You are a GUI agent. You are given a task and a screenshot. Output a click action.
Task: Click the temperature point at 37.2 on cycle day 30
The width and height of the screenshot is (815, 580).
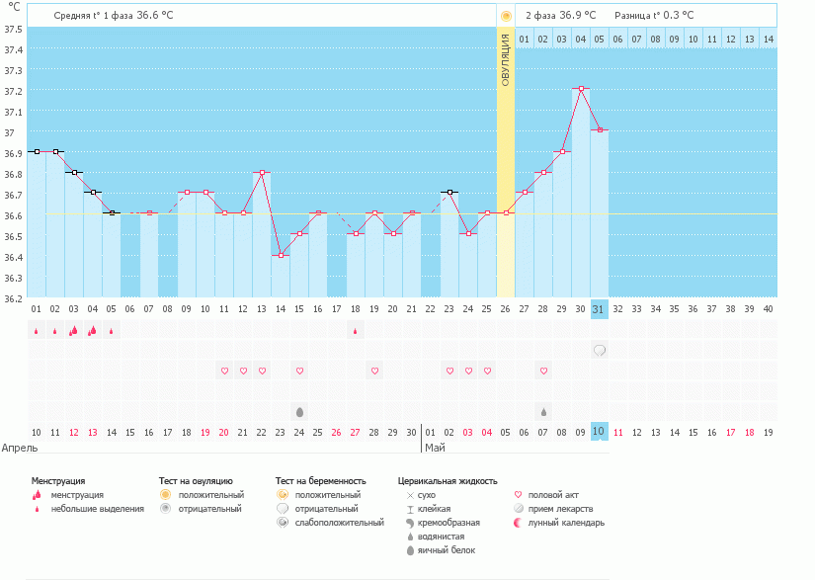[x=581, y=89]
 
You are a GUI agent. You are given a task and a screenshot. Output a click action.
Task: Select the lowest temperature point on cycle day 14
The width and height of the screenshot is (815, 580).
[x=281, y=255]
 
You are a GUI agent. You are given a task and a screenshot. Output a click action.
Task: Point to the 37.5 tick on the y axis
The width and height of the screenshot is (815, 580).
[x=14, y=29]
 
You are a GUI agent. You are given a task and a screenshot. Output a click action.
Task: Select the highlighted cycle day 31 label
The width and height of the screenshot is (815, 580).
[x=599, y=309]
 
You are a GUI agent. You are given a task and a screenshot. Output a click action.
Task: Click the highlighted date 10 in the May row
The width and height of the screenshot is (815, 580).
[x=599, y=432]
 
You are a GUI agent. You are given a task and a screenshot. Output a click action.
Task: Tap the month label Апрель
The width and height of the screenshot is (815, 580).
[x=21, y=448]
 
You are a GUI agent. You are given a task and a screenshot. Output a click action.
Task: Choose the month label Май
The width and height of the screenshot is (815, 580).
[x=435, y=448]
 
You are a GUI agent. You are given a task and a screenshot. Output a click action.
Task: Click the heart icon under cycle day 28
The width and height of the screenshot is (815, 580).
[x=543, y=371]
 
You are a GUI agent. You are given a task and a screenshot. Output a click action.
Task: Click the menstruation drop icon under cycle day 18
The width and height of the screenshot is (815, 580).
[x=356, y=331]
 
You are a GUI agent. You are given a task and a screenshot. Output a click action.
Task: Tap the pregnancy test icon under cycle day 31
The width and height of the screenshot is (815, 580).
[x=599, y=350]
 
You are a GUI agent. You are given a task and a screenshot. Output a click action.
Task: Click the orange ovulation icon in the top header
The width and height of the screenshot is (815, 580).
[x=506, y=16]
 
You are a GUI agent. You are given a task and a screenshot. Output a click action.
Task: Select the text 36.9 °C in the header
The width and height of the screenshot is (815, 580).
[x=578, y=16]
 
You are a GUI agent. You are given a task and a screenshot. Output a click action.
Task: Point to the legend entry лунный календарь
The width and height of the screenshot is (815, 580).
[x=565, y=523]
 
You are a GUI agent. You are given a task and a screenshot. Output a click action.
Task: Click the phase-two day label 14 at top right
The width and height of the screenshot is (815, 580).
[x=768, y=39]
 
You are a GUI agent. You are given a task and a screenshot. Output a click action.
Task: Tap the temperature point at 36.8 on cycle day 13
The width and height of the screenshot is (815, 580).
[x=262, y=172]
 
